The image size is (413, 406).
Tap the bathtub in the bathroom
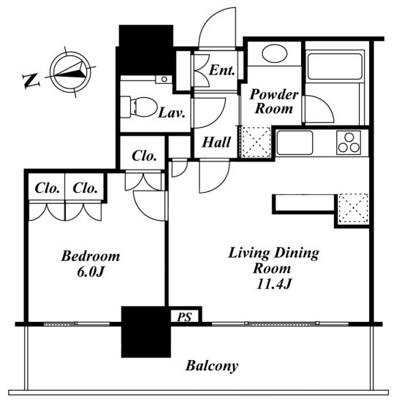(x=335, y=66)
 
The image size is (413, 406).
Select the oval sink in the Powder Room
(x=274, y=53)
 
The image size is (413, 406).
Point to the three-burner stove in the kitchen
(x=349, y=142)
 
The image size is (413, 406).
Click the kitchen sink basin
(x=295, y=142)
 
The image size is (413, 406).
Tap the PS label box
(x=184, y=316)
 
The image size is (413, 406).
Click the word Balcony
(x=212, y=366)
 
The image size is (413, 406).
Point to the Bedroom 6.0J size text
(x=90, y=272)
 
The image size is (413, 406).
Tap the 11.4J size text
(x=274, y=284)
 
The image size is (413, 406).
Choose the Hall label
(x=216, y=142)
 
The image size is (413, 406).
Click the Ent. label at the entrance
(x=221, y=70)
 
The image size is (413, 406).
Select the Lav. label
(x=172, y=113)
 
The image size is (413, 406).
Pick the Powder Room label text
(x=274, y=101)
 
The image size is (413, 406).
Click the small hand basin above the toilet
(x=164, y=79)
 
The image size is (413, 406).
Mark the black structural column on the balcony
(x=146, y=332)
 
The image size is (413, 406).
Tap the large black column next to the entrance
(x=146, y=50)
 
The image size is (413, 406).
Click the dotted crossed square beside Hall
(x=256, y=142)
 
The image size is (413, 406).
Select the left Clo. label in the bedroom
(x=47, y=188)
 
